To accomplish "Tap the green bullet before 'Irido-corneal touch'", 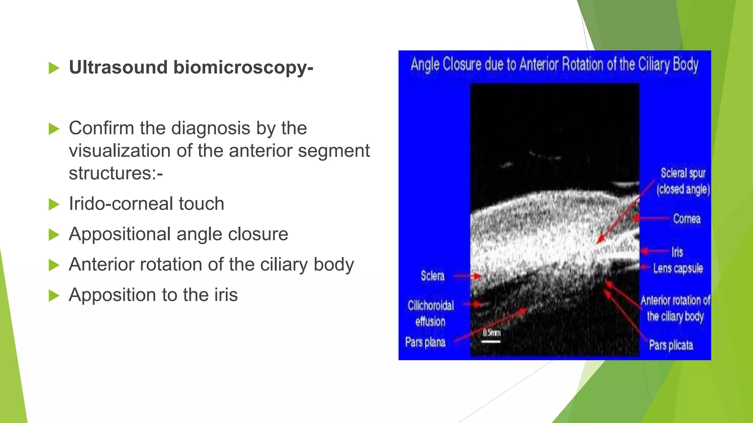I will pos(54,205).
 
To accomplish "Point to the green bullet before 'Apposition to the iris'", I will pos(54,295).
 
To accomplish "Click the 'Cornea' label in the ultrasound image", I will pos(686,219).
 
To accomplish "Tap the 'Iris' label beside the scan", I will pos(677,252).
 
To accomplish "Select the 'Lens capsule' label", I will pos(678,268).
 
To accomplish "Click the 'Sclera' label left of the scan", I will pos(432,276).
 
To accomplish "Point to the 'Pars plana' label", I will pos(425,342).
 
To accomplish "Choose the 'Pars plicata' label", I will pos(671,345).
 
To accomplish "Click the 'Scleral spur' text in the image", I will pos(683,173).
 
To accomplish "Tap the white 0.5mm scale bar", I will pos(491,341).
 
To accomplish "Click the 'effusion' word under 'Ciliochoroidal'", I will pos(430,322).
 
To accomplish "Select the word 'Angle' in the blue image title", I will pos(425,65).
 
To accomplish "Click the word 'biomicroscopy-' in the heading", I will pos(243,68).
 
